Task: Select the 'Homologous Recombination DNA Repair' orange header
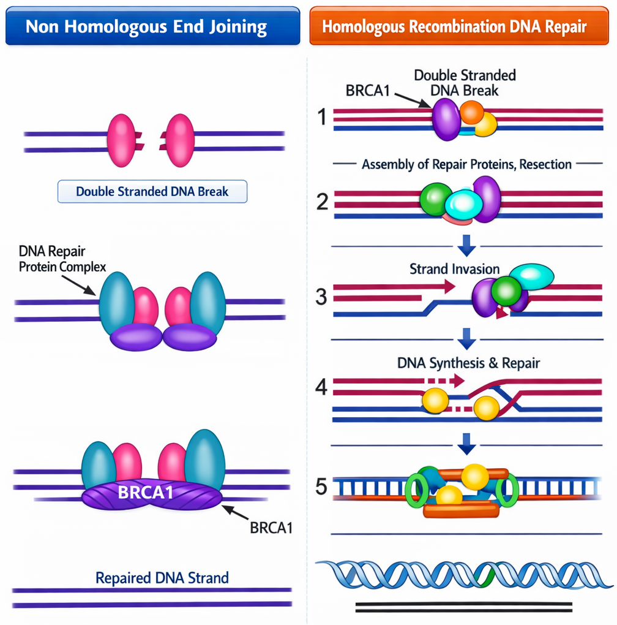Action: click(x=454, y=26)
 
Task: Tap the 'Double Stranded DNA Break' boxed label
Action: click(x=152, y=192)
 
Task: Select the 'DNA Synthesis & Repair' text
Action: click(x=468, y=363)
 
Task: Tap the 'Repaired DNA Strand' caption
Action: click(x=162, y=577)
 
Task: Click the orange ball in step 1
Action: click(x=471, y=112)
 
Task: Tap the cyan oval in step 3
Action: click(x=531, y=277)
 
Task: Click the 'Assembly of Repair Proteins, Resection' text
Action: click(x=466, y=165)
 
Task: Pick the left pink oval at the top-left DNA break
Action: click(x=121, y=140)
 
